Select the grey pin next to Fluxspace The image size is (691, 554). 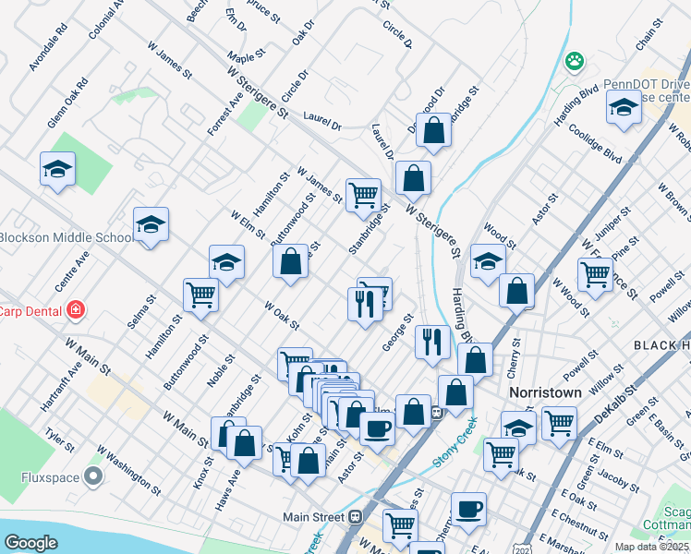93,476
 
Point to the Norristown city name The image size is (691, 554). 546,392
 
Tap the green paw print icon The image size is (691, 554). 575,61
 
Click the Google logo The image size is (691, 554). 30,542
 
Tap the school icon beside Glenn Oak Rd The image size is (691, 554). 57,170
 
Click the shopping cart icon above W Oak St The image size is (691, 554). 200,295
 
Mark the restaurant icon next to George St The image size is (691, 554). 431,343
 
